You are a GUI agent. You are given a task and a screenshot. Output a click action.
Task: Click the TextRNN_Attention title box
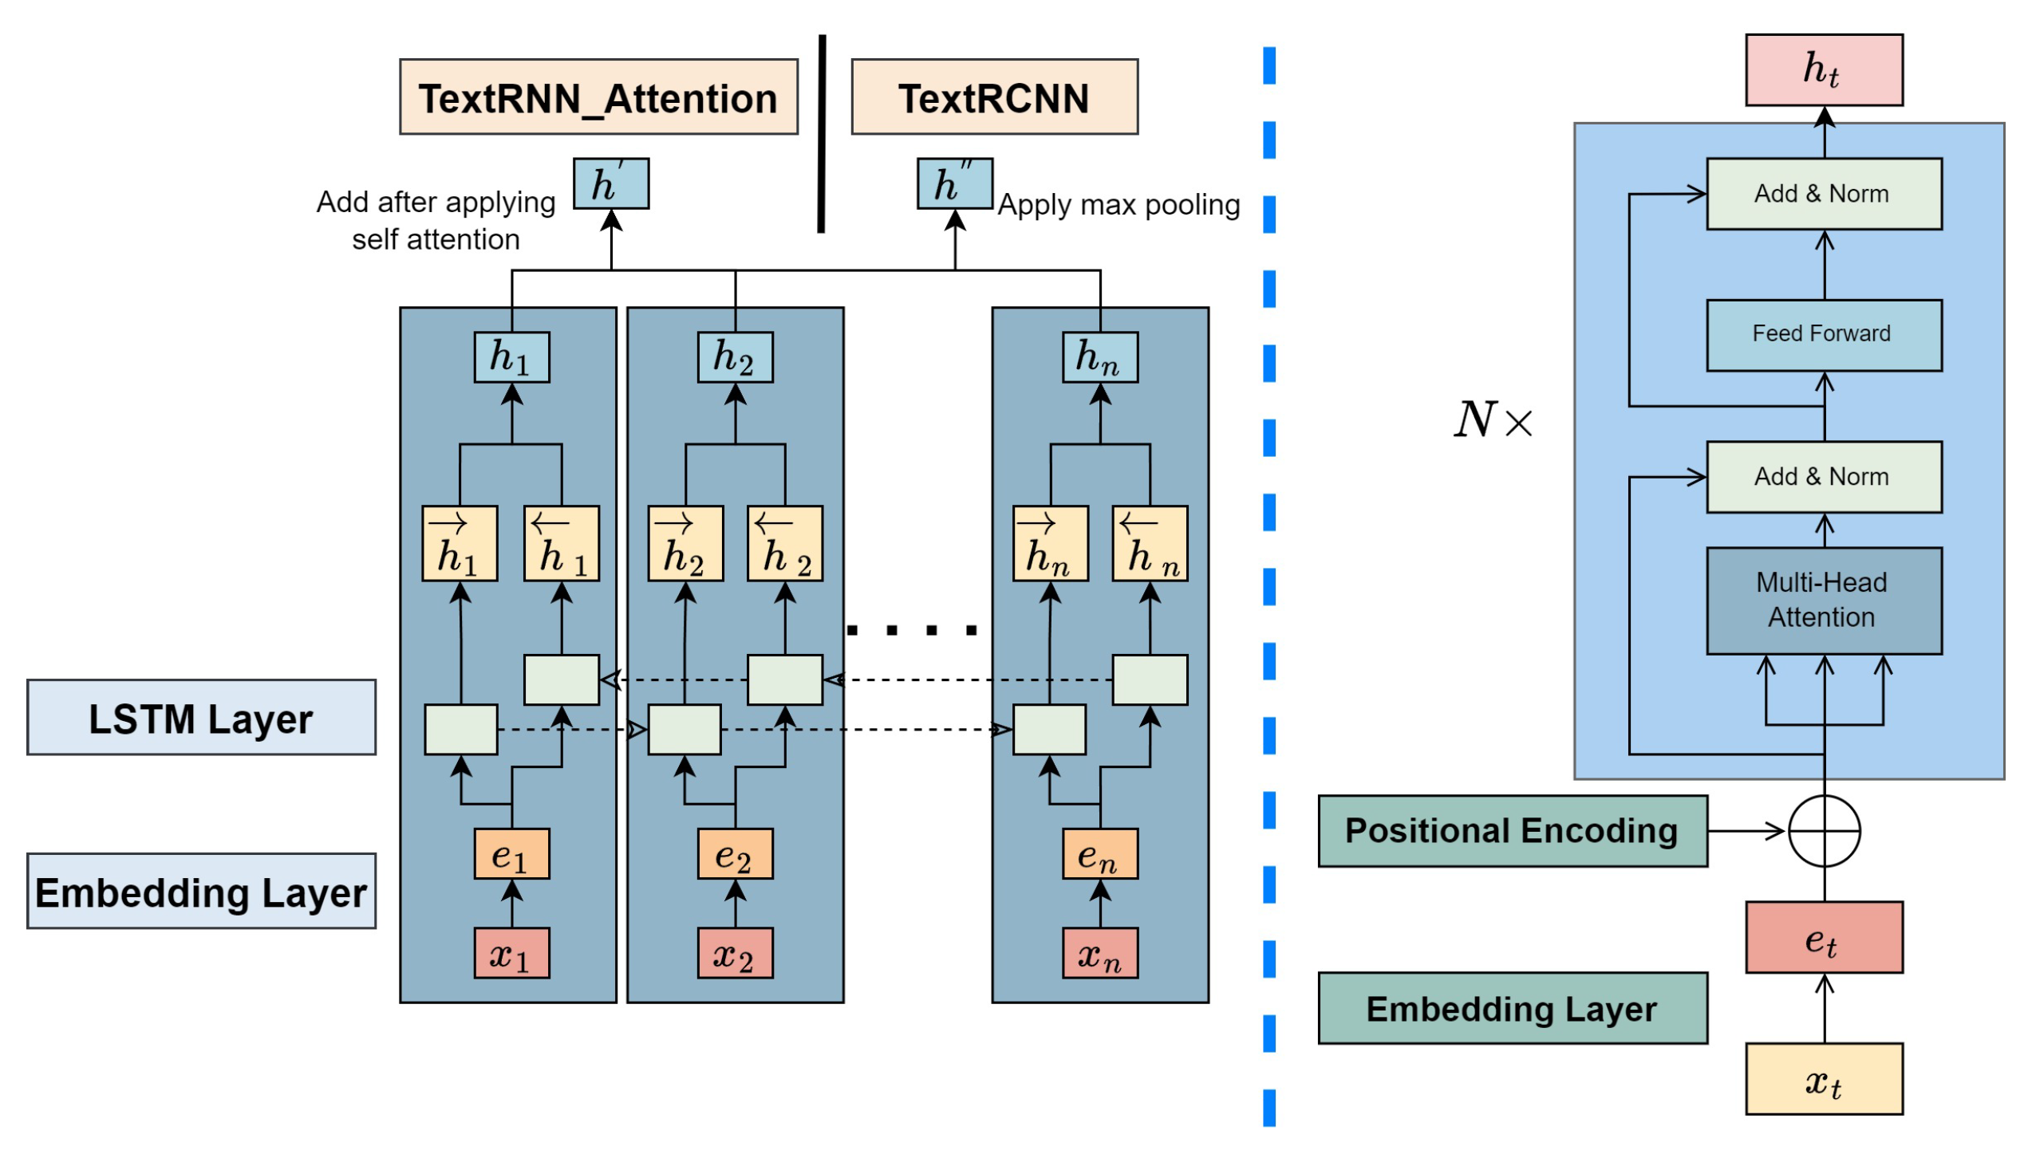(598, 97)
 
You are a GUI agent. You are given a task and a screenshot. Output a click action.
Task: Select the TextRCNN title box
(994, 97)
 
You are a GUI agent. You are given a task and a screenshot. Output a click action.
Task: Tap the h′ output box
(611, 184)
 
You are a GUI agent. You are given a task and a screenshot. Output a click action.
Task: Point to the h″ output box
(954, 184)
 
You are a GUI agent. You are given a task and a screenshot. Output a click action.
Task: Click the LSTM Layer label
(201, 718)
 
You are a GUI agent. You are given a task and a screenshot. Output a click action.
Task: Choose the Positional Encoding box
(1513, 831)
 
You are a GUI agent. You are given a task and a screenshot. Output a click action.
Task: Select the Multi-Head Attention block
(1824, 601)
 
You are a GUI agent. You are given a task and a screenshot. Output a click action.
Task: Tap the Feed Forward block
(1824, 335)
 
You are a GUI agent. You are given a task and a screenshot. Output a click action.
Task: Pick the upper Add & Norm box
(1824, 194)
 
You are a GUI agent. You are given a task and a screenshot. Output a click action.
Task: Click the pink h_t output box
(1824, 70)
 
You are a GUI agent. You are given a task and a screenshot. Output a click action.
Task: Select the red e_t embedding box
(1824, 938)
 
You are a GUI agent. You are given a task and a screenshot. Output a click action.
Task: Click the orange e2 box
(735, 854)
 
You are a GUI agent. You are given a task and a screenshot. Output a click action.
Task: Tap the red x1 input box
(511, 953)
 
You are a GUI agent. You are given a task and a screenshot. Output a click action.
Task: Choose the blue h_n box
(1099, 357)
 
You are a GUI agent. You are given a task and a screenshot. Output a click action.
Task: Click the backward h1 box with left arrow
(562, 544)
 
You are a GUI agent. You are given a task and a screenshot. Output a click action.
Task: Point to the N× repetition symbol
(1493, 420)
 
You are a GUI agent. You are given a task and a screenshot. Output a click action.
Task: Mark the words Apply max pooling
(1119, 205)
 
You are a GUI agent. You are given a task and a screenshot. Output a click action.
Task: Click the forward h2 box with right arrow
(685, 544)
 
